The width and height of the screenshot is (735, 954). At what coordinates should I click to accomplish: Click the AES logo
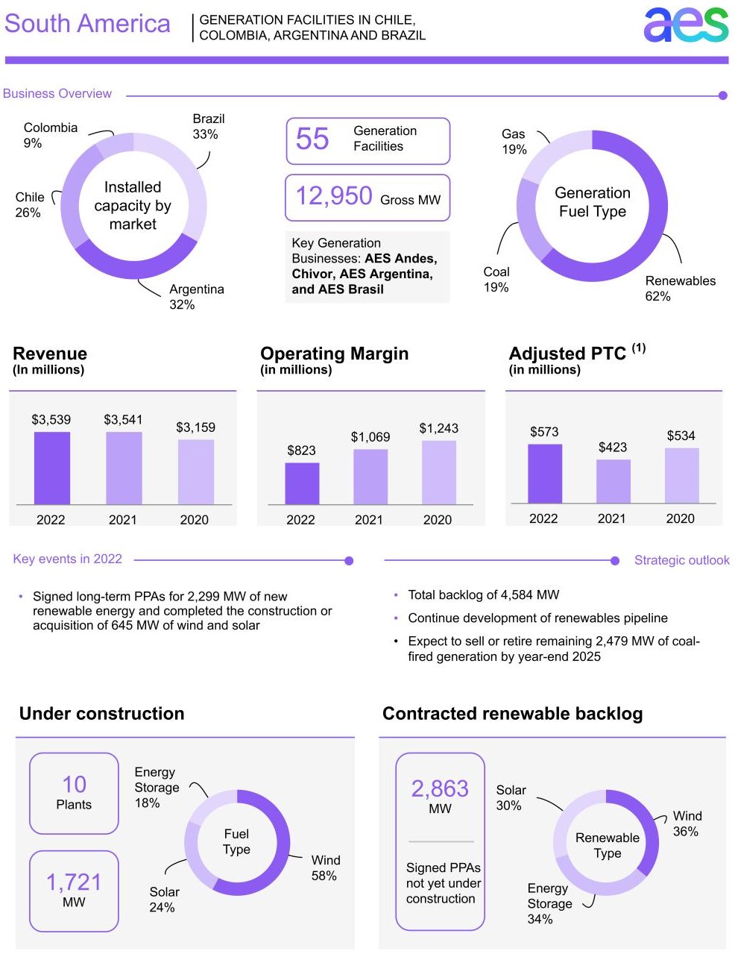click(x=685, y=25)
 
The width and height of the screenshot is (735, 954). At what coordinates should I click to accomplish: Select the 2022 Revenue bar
click(x=51, y=468)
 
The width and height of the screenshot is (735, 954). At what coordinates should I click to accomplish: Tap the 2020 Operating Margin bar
click(x=438, y=472)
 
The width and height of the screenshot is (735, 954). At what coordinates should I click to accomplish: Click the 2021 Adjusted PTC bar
click(x=613, y=481)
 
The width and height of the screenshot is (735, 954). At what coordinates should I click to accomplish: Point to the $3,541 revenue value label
click(x=123, y=420)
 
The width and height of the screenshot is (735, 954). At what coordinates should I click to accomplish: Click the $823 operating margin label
click(x=301, y=451)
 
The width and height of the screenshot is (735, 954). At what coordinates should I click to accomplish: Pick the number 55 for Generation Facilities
click(x=312, y=139)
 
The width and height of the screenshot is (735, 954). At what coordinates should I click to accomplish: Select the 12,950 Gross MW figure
click(x=334, y=196)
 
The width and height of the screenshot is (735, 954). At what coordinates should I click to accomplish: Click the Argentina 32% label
click(x=196, y=297)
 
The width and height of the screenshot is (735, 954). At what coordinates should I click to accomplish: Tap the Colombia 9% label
click(x=50, y=135)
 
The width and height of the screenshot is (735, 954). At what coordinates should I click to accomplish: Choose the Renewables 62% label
click(x=680, y=289)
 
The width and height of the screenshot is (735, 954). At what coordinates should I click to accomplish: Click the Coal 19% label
click(x=496, y=280)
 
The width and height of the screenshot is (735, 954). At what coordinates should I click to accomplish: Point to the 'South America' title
click(x=87, y=24)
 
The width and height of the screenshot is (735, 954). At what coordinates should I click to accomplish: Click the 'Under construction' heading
click(x=101, y=714)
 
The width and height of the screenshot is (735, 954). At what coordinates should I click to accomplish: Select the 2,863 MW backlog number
click(x=440, y=789)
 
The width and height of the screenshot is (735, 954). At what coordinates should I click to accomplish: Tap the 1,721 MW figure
click(x=74, y=882)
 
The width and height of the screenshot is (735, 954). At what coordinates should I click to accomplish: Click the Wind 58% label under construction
click(x=325, y=868)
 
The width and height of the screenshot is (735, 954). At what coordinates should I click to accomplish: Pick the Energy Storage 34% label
click(x=549, y=903)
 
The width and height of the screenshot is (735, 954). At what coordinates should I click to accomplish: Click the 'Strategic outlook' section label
click(x=681, y=560)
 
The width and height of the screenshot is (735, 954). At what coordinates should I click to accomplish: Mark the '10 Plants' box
click(x=74, y=793)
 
